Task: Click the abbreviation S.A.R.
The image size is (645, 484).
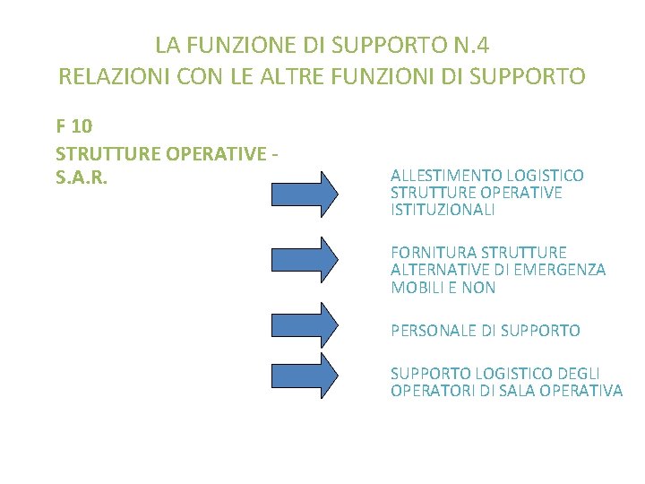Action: pos(82,177)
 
